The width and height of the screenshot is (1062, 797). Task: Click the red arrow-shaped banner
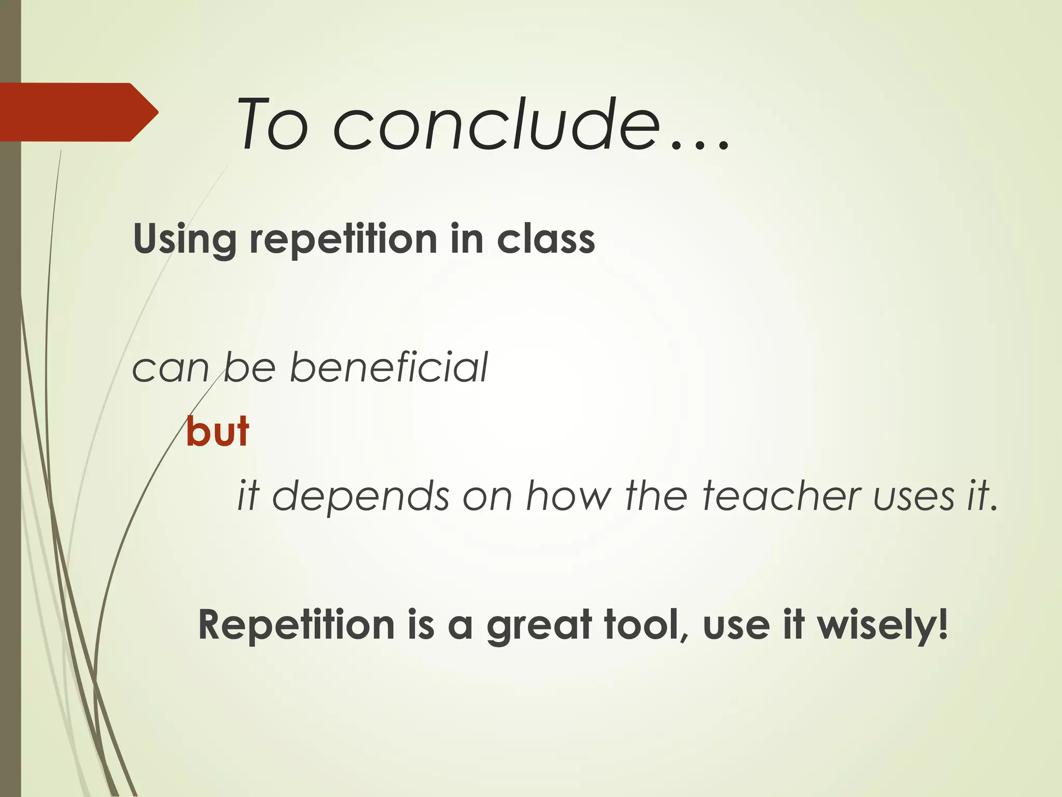click(78, 112)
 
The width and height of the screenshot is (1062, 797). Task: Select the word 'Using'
click(184, 240)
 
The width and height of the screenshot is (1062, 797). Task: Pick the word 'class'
click(546, 240)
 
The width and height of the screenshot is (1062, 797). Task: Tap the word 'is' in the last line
click(421, 625)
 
